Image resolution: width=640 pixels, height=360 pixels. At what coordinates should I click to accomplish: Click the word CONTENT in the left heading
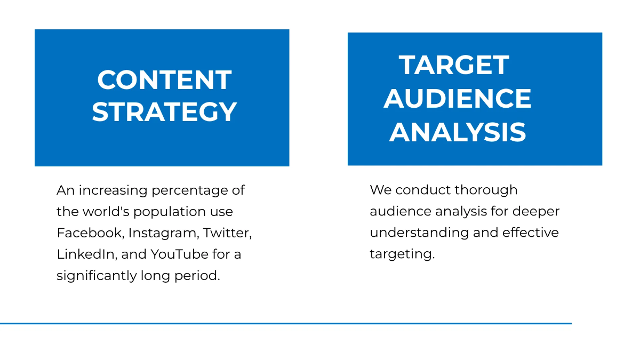click(164, 80)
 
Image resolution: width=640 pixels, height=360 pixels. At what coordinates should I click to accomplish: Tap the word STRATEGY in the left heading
click(164, 112)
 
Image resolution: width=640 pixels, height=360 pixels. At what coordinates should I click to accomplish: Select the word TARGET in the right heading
click(454, 65)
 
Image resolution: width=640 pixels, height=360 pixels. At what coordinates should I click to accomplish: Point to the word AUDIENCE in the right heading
click(458, 99)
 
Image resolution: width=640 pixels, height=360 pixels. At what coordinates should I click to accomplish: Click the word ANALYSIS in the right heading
click(458, 132)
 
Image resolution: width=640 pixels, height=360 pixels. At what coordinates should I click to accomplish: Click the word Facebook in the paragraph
click(90, 233)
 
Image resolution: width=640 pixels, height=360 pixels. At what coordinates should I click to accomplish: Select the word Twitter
click(227, 233)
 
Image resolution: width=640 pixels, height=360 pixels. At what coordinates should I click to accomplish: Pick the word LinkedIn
click(86, 254)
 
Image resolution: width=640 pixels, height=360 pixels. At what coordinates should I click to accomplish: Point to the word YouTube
click(179, 254)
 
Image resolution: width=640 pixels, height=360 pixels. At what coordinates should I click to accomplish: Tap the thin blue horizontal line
click(285, 323)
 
